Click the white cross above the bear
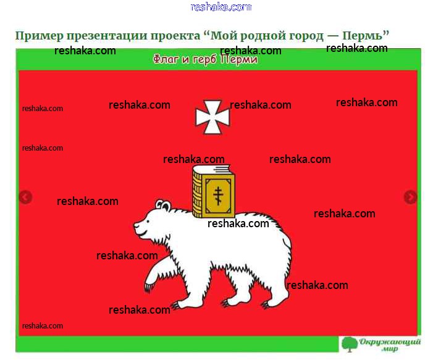point(212,117)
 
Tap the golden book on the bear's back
point(214,191)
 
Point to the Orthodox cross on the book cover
point(218,196)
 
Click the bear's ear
point(164,205)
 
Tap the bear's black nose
point(135,225)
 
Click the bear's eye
point(148,220)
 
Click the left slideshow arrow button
point(25,197)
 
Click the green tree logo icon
point(350,344)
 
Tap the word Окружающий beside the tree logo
point(390,342)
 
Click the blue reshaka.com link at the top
point(220,7)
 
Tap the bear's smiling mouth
point(142,233)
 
